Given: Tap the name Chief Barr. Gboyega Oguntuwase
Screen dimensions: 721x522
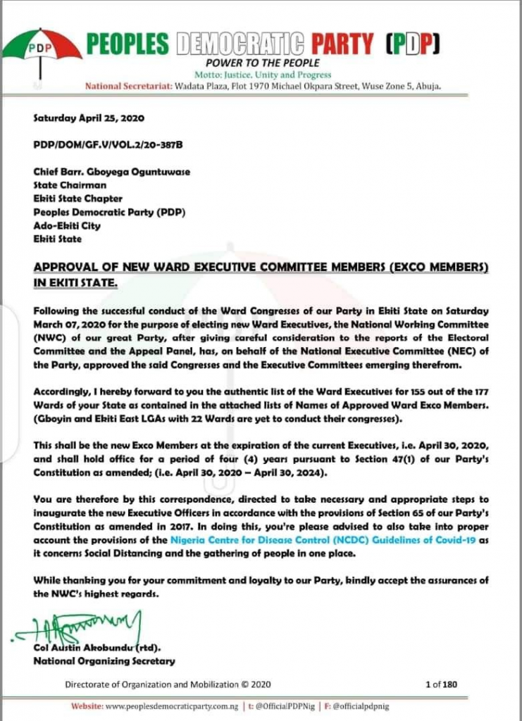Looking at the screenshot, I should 112,172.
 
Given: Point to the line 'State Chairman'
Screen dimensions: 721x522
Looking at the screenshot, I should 70,185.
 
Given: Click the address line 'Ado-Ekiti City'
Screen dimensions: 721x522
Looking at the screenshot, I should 67,226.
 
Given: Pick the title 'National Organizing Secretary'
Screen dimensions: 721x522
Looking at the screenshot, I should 104,661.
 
